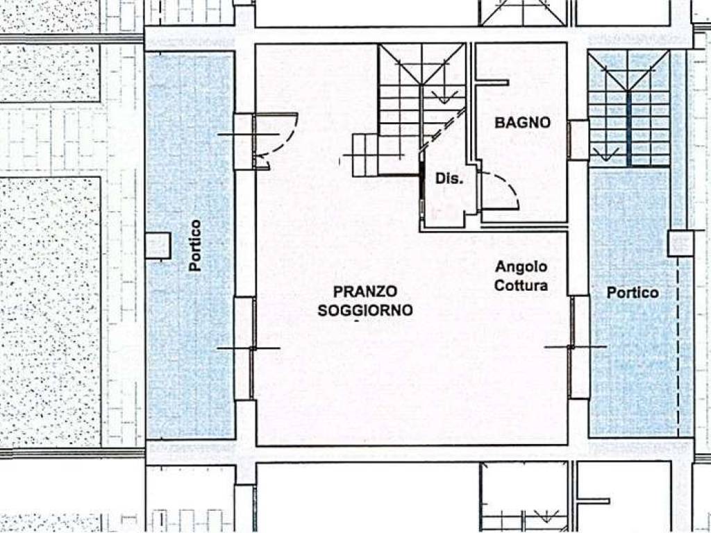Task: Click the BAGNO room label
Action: [522, 122]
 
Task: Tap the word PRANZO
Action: [365, 291]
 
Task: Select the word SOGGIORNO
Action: [365, 310]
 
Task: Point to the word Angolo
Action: [521, 267]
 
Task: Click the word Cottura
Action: [521, 285]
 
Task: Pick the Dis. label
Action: [449, 178]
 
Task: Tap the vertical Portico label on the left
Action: [195, 246]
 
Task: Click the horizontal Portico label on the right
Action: [633, 293]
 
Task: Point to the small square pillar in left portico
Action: [158, 246]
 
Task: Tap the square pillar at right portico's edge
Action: [680, 244]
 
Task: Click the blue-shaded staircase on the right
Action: [629, 109]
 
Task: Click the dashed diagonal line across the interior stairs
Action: [443, 129]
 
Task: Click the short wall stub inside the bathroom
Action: [492, 83]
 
